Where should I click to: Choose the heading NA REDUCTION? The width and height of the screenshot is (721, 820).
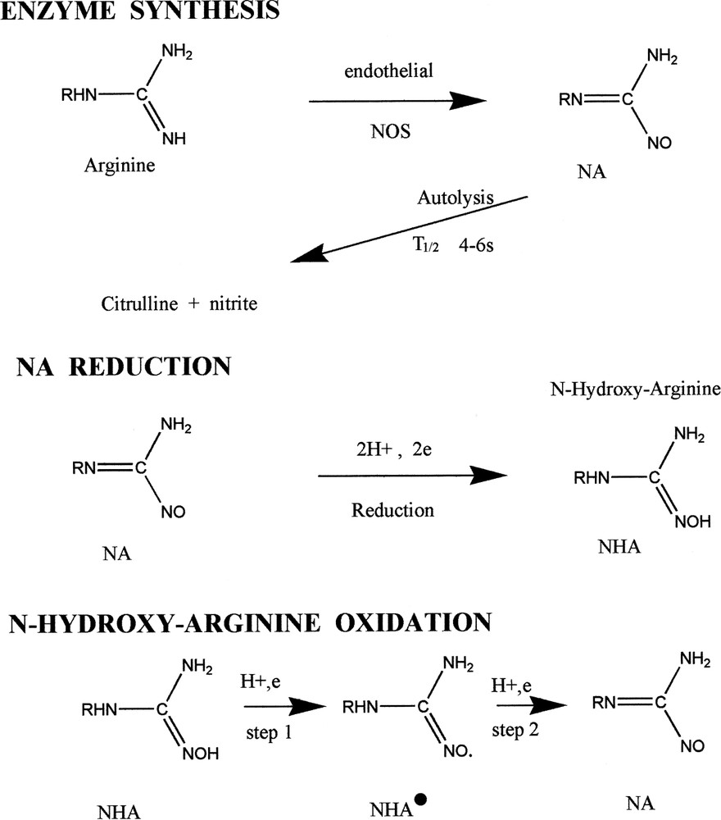[x=124, y=367]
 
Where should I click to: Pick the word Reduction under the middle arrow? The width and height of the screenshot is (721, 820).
[x=392, y=509]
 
